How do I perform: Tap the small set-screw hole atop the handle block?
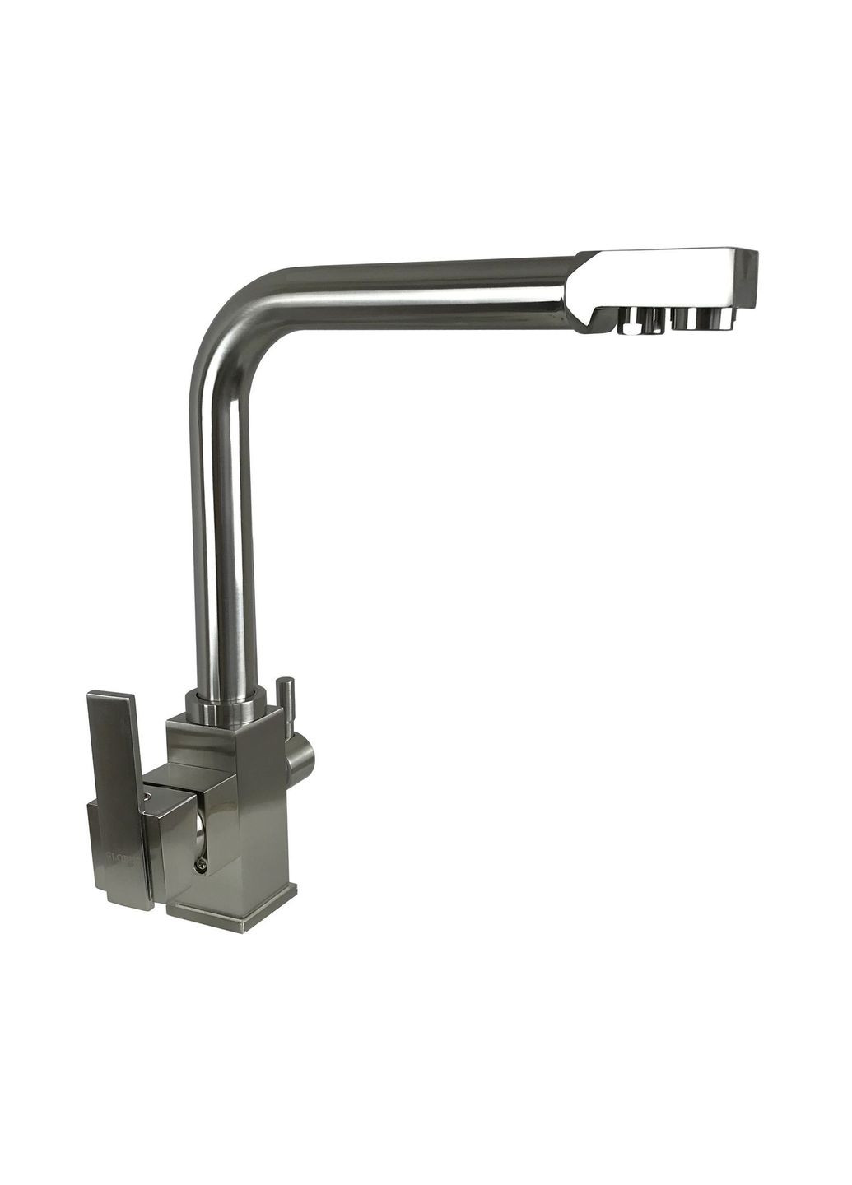[148, 795]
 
